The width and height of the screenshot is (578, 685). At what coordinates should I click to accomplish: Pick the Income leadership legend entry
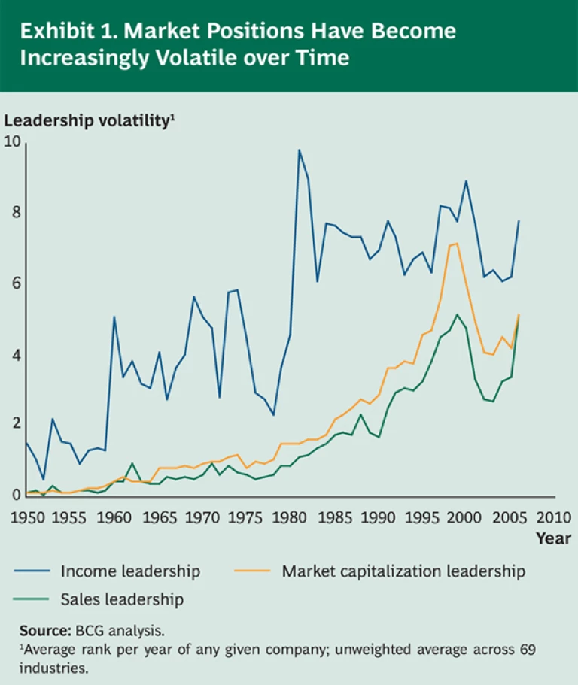click(x=130, y=571)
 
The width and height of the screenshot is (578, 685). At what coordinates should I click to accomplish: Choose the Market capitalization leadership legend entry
click(x=403, y=571)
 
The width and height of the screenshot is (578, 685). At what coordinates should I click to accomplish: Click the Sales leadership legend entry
click(x=122, y=599)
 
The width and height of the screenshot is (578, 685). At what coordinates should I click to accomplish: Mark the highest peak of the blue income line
click(x=299, y=150)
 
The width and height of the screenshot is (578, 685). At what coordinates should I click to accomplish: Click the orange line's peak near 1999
click(x=457, y=243)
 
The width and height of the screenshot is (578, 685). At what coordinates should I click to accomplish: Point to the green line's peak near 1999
click(x=457, y=314)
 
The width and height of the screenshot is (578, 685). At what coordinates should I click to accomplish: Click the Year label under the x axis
click(x=553, y=538)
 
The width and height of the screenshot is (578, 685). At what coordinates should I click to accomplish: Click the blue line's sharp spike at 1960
click(x=114, y=317)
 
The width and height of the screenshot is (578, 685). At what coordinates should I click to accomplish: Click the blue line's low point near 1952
click(x=44, y=479)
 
